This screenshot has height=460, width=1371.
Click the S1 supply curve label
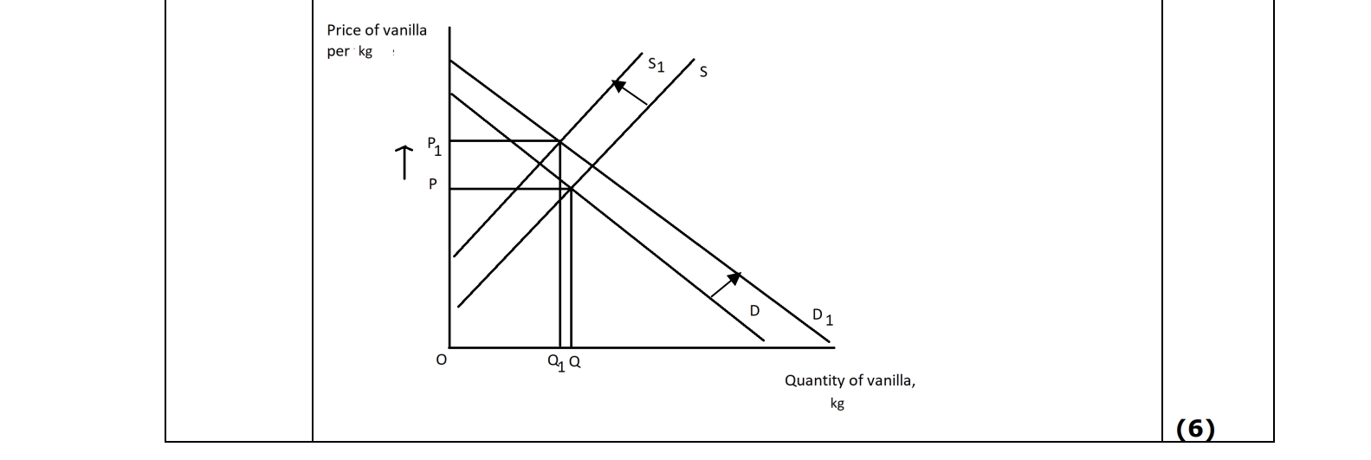pyautogui.click(x=656, y=64)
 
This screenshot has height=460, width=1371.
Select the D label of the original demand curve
pyautogui.click(x=754, y=310)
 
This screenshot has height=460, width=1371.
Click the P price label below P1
pyautogui.click(x=432, y=185)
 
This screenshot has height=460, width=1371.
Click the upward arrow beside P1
pyautogui.click(x=403, y=162)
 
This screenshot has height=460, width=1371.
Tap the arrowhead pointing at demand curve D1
pyautogui.click(x=734, y=277)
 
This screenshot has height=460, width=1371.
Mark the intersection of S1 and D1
pyautogui.click(x=559, y=141)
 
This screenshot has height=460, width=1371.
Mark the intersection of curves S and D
pyautogui.click(x=571, y=188)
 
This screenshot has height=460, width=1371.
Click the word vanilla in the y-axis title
pyautogui.click(x=404, y=30)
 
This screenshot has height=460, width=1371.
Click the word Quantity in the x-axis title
pyautogui.click(x=814, y=380)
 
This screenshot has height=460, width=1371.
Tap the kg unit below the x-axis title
pyautogui.click(x=837, y=404)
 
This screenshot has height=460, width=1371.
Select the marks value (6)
pyautogui.click(x=1195, y=429)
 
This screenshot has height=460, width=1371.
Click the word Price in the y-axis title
pyautogui.click(x=342, y=30)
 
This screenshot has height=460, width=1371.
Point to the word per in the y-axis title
pyautogui.click(x=338, y=51)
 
